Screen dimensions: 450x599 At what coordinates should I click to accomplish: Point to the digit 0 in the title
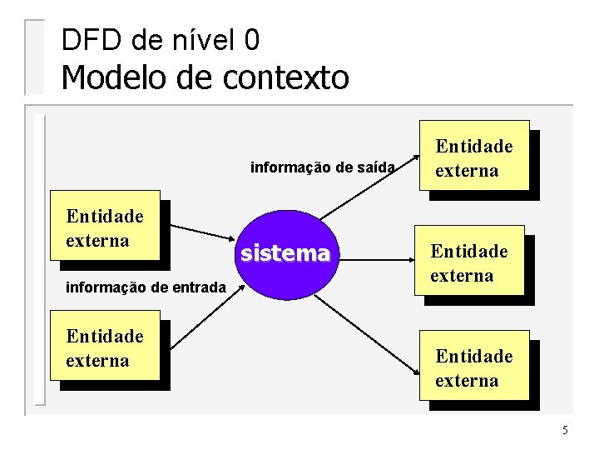click(252, 39)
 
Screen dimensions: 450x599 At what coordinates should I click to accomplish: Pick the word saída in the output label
click(374, 167)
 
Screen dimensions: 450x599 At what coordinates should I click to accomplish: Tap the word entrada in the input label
click(199, 288)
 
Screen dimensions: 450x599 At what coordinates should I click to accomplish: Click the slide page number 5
click(565, 431)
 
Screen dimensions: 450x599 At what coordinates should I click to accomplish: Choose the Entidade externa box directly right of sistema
click(471, 262)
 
